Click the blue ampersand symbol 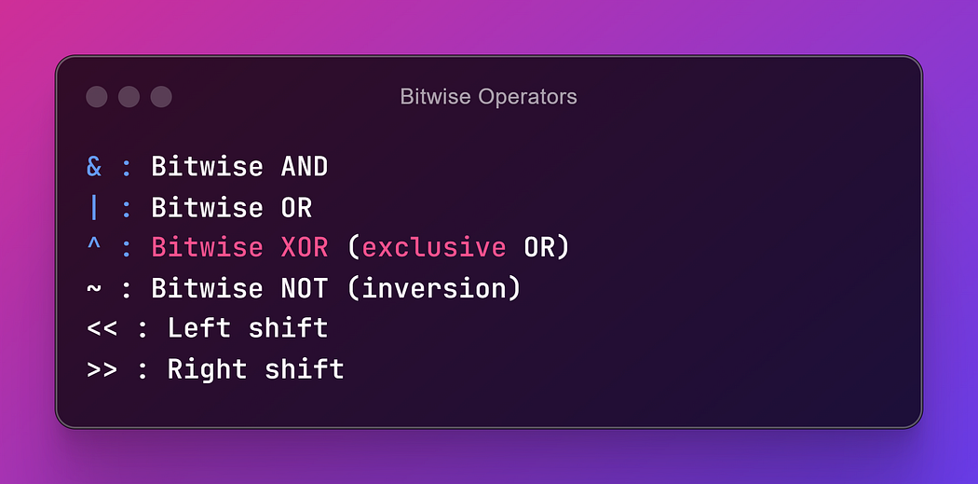pos(94,167)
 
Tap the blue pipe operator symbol pos(94,207)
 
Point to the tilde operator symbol pos(94,289)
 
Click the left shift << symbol pos(102,329)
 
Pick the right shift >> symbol pos(102,369)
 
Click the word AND pos(305,167)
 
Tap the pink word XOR pos(305,248)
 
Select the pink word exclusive pos(434,248)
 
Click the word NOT pos(305,288)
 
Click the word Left pos(199,328)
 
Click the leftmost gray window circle pos(97,97)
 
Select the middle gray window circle pos(129,97)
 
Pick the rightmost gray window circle pos(161,97)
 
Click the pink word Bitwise pos(207,248)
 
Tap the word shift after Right pos(305,369)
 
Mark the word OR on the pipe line pos(296,207)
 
